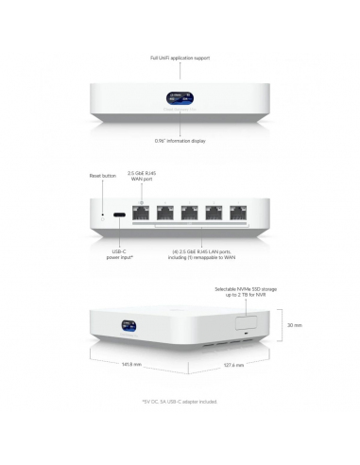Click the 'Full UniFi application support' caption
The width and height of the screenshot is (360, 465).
coord(180,59)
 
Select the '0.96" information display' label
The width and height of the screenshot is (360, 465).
coord(180,141)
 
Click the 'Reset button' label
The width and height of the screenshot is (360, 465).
coord(102,176)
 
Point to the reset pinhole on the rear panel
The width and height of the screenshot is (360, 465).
coord(104,215)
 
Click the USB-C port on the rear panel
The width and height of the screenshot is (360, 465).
coord(120,215)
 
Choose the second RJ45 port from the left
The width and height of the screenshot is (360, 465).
coord(170,215)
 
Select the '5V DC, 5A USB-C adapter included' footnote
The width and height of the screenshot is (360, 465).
coord(180,402)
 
